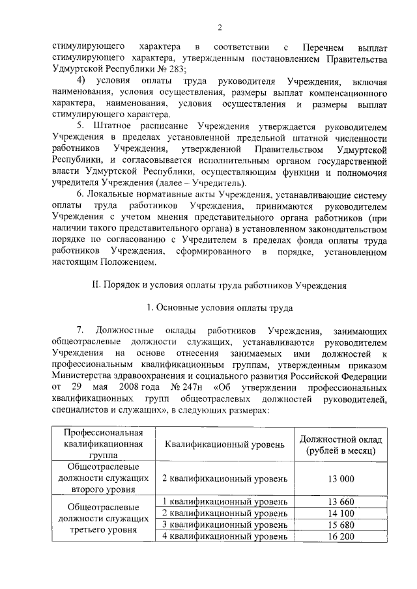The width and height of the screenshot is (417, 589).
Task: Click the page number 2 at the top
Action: click(x=220, y=27)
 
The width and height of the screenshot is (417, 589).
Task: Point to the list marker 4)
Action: click(x=82, y=81)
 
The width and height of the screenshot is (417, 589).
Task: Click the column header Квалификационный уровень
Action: click(x=225, y=445)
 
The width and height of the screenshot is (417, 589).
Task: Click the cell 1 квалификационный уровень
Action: click(x=225, y=501)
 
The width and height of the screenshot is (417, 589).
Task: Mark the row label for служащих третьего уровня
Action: click(x=100, y=518)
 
